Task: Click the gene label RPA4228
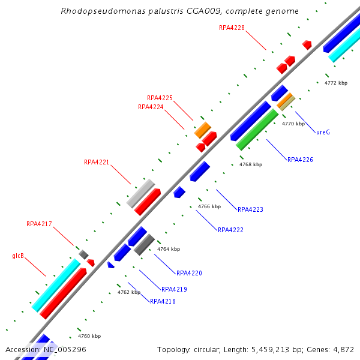[232, 28]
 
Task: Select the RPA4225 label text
[160, 98]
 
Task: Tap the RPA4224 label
[151, 107]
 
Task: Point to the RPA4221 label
[97, 162]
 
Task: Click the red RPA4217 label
[39, 224]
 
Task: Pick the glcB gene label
[18, 256]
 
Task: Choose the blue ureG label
[323, 132]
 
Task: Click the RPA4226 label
[300, 160]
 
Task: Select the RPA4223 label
[250, 209]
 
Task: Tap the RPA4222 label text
[230, 230]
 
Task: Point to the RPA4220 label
[189, 273]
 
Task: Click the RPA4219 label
[174, 289]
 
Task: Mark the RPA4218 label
[163, 301]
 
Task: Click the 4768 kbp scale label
[251, 164]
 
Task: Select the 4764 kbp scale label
[169, 248]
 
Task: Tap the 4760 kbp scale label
[89, 336]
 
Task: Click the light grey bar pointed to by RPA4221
[141, 193]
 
